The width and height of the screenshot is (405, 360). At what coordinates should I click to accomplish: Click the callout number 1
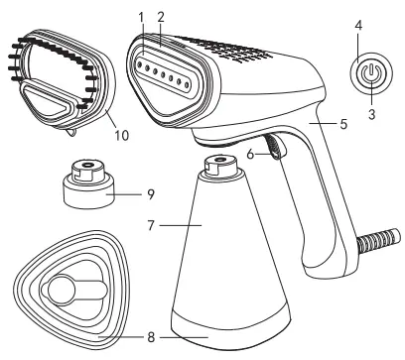coord(141,17)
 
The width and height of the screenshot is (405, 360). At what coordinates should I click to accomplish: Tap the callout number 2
coord(160,17)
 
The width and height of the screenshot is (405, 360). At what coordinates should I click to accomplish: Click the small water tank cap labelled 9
coord(86,183)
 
